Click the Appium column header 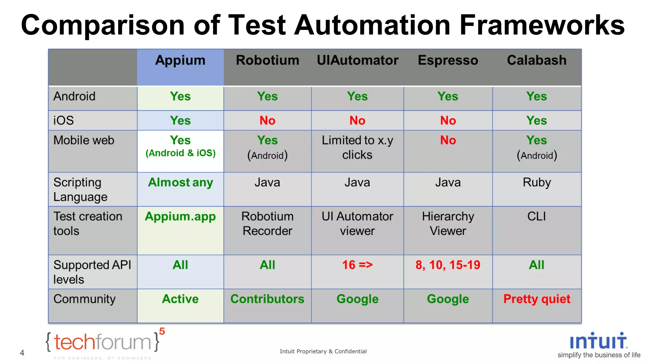click(x=180, y=60)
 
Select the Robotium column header click(x=267, y=60)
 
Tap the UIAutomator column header click(x=357, y=60)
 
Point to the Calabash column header click(x=536, y=60)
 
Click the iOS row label click(x=63, y=120)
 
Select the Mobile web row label click(x=84, y=140)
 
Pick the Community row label click(x=84, y=299)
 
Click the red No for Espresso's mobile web click(x=448, y=140)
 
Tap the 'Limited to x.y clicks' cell click(x=357, y=148)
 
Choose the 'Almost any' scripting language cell click(x=180, y=183)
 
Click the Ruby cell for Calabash click(x=536, y=183)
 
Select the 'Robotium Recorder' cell click(x=267, y=223)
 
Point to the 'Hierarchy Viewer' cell click(x=448, y=223)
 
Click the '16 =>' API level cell click(x=357, y=265)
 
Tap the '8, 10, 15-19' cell click(x=448, y=265)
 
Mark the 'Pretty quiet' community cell click(x=536, y=299)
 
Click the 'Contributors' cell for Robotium click(x=267, y=299)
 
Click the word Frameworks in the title click(x=541, y=25)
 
